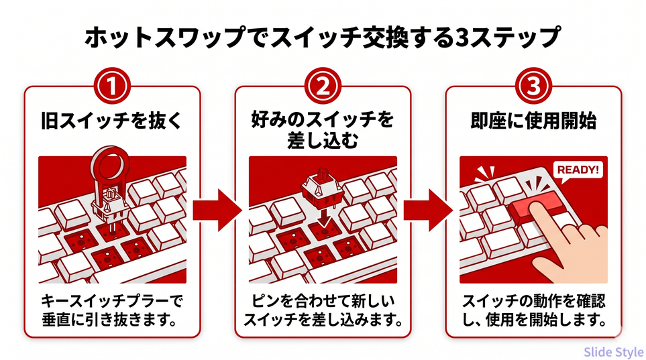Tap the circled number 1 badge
click(112, 86)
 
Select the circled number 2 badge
click(323, 86)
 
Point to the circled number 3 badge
click(533, 86)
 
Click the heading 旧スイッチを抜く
click(112, 123)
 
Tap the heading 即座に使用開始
click(533, 123)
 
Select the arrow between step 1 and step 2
click(216, 209)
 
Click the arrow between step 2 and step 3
click(428, 209)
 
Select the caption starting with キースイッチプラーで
click(112, 307)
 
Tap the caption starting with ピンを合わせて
click(323, 307)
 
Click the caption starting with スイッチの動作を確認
click(533, 307)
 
